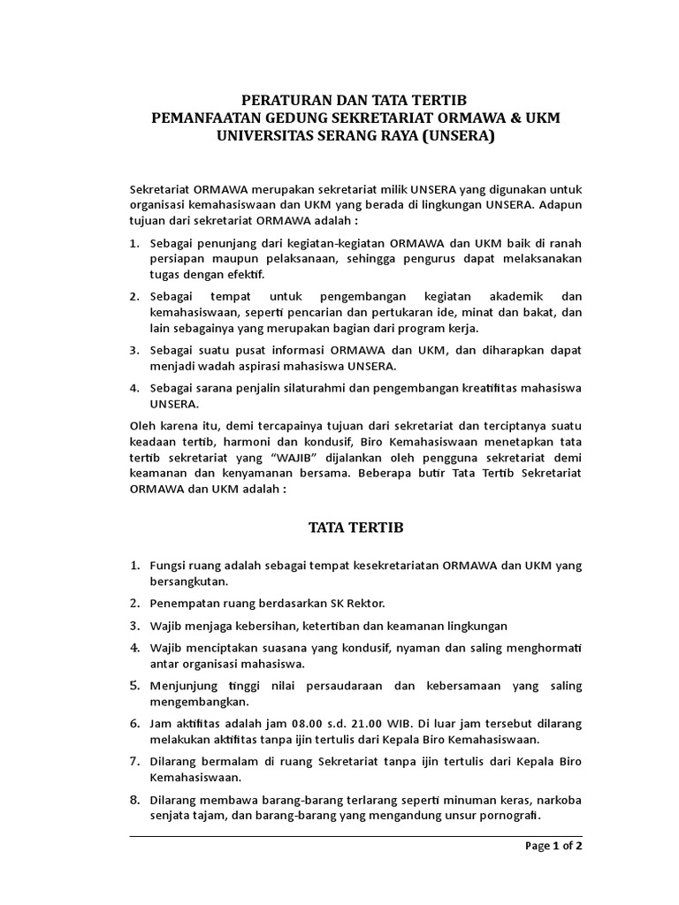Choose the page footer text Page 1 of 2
[x=553, y=845]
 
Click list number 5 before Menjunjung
[x=136, y=685]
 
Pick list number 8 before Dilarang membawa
[x=136, y=800]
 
